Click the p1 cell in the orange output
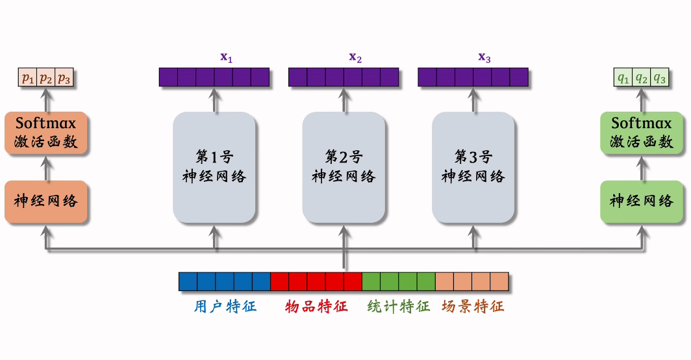pyautogui.click(x=27, y=79)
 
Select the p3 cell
pyautogui.click(x=64, y=79)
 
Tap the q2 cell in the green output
pyautogui.click(x=642, y=79)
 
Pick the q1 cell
pyautogui.click(x=623, y=79)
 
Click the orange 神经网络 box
pyautogui.click(x=45, y=201)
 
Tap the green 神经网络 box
pyautogui.click(x=642, y=201)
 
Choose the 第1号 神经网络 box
pyautogui.click(x=214, y=167)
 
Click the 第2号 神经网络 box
pyautogui.click(x=344, y=167)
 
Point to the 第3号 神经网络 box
pyautogui.click(x=473, y=167)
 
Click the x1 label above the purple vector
pyautogui.click(x=226, y=57)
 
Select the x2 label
pyautogui.click(x=355, y=57)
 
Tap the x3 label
pyautogui.click(x=484, y=57)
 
